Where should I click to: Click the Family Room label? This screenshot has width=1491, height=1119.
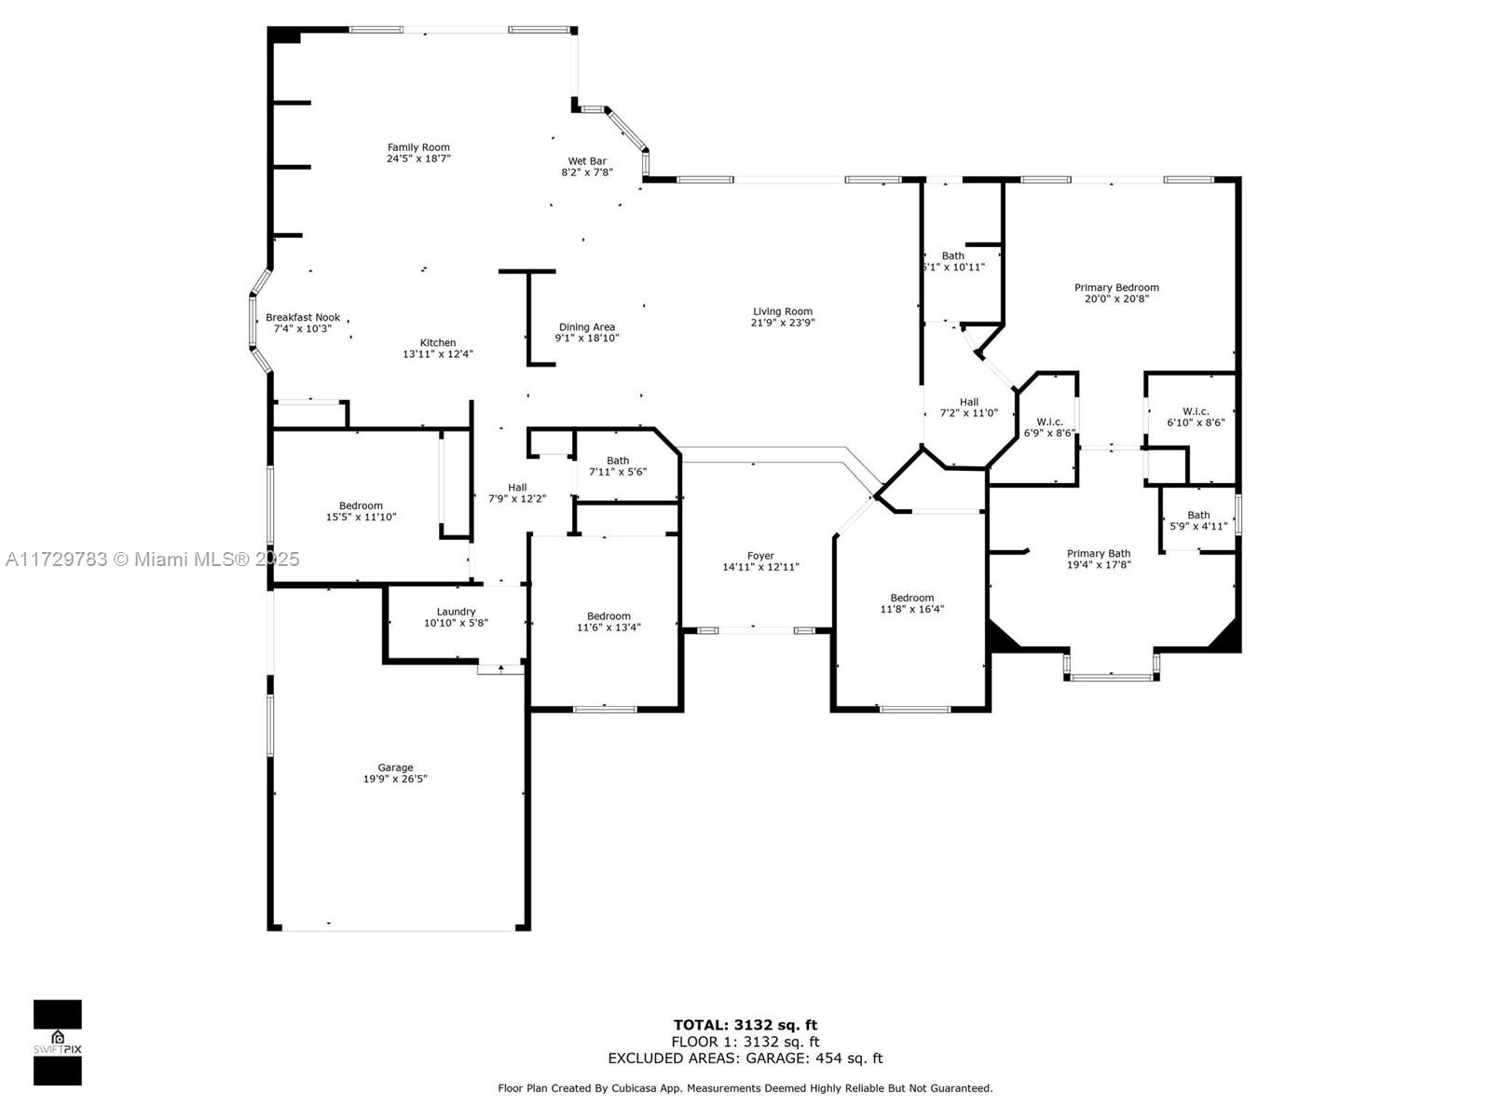(418, 147)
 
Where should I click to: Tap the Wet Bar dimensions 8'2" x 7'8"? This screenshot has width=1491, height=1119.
(587, 173)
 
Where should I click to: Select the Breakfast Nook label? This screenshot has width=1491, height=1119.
(303, 317)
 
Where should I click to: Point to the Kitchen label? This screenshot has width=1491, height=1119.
(438, 342)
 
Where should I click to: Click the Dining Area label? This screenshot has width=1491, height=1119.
(587, 326)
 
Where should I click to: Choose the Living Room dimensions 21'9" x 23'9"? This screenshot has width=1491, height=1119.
(783, 323)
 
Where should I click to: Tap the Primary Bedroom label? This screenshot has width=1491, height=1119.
(1116, 287)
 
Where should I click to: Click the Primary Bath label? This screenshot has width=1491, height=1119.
(1099, 553)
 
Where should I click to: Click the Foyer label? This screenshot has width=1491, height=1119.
(760, 555)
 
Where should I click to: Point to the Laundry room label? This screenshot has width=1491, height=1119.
(456, 612)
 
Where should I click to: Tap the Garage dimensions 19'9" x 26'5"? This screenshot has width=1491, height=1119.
(395, 779)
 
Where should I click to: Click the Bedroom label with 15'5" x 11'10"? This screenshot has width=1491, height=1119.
(361, 505)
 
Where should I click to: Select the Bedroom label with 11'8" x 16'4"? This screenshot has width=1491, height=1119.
(912, 598)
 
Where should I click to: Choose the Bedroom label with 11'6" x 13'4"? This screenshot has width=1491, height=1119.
(609, 616)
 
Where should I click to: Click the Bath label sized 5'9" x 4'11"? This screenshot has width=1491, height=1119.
(1198, 515)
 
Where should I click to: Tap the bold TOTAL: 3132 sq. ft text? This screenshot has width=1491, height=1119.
(745, 1025)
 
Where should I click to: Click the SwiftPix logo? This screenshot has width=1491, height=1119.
(58, 1043)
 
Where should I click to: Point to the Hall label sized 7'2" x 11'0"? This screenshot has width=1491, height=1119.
(968, 402)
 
